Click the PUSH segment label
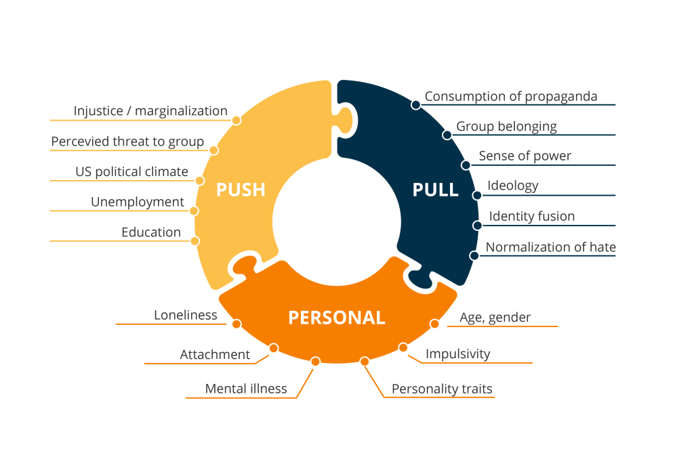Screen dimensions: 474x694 pyautogui.click(x=240, y=190)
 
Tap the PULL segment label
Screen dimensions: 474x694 pyautogui.click(x=435, y=190)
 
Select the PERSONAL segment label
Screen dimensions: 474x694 pyautogui.click(x=336, y=318)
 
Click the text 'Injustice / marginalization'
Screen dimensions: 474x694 pyautogui.click(x=150, y=110)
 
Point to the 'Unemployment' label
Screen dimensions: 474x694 pyautogui.click(x=138, y=202)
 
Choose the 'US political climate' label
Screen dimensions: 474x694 pyautogui.click(x=131, y=171)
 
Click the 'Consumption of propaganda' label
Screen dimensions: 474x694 pyautogui.click(x=511, y=96)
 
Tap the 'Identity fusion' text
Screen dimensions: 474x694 pyautogui.click(x=532, y=216)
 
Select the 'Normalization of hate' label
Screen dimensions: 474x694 pyautogui.click(x=551, y=246)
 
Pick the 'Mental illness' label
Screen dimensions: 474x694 pyautogui.click(x=246, y=389)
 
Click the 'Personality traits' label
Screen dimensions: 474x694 pyautogui.click(x=442, y=389)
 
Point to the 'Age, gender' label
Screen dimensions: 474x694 pyautogui.click(x=495, y=317)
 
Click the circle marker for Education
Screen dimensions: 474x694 pyautogui.click(x=195, y=240)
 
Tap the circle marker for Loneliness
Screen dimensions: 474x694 pyautogui.click(x=236, y=324)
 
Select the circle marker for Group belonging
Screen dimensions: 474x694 pyautogui.click(x=447, y=135)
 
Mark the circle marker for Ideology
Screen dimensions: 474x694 pyautogui.click(x=477, y=195)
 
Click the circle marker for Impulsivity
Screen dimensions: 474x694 pyautogui.click(x=403, y=347)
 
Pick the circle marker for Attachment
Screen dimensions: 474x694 pyautogui.click(x=273, y=348)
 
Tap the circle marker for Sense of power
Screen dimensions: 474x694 pyautogui.click(x=466, y=165)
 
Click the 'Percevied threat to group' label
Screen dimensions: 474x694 pyautogui.click(x=127, y=142)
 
